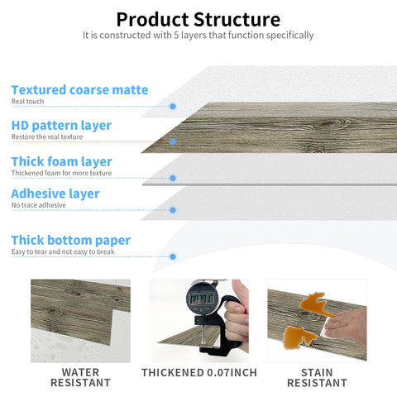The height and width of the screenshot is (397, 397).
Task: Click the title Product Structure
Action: pyautogui.click(x=198, y=19)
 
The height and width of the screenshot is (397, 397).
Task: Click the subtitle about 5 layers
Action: pyautogui.click(x=198, y=36)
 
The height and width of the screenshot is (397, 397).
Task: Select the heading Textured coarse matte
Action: pyautogui.click(x=79, y=89)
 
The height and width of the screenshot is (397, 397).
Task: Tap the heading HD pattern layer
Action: pyautogui.click(x=61, y=126)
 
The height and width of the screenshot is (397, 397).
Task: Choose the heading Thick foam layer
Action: pyautogui.click(x=61, y=161)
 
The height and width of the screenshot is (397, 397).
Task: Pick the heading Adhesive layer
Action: pyautogui.click(x=55, y=194)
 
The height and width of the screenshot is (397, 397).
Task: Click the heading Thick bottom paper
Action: pyautogui.click(x=70, y=240)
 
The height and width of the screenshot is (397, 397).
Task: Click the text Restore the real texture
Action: pyautogui.click(x=47, y=137)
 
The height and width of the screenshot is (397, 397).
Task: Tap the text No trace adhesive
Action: pyautogui.click(x=36, y=205)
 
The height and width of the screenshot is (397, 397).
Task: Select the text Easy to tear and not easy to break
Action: pyautogui.click(x=63, y=251)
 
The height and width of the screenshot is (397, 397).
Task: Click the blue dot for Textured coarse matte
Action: pyautogui.click(x=172, y=107)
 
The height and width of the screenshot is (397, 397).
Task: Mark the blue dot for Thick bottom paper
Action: pyautogui.click(x=172, y=256)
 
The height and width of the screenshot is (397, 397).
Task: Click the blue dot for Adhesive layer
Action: pyautogui.click(x=172, y=210)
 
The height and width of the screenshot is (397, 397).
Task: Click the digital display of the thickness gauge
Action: pyautogui.click(x=201, y=298)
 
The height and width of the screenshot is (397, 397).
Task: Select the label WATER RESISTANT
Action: pyautogui.click(x=80, y=377)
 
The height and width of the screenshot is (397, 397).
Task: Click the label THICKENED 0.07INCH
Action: pyautogui.click(x=198, y=373)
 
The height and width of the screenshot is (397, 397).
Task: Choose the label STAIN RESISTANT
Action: pyautogui.click(x=317, y=377)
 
